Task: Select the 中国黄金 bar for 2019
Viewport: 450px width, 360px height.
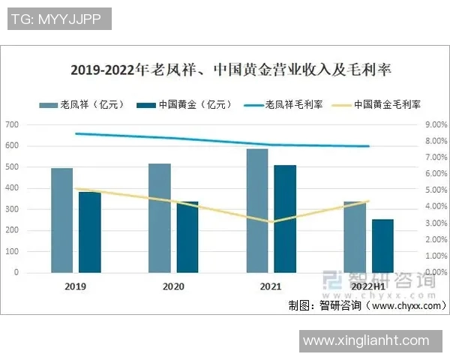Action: pyautogui.click(x=89, y=232)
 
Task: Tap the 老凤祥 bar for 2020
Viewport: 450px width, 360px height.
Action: pyautogui.click(x=160, y=217)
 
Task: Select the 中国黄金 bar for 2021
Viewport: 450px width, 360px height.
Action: pyautogui.click(x=284, y=218)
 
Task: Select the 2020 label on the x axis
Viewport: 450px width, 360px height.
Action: pyautogui.click(x=173, y=286)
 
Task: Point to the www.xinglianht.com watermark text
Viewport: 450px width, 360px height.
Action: pyautogui.click(x=370, y=340)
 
